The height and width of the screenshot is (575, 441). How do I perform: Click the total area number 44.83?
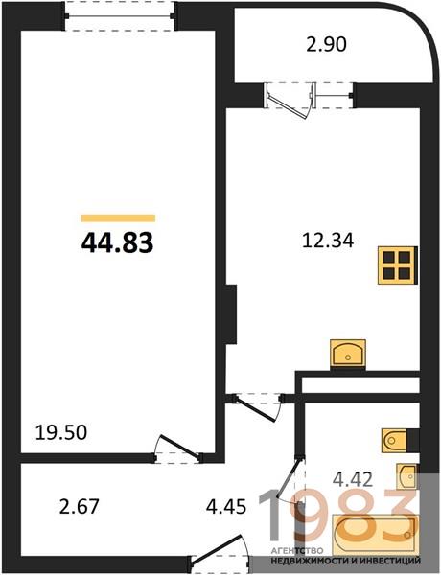pos(117,243)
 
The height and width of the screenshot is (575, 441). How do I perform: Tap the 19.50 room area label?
pos(61,432)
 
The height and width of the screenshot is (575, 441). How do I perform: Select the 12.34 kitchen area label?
pos(328,241)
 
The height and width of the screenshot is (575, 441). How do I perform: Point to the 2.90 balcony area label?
pos(326,45)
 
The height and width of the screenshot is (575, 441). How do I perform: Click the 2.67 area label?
pos(80,506)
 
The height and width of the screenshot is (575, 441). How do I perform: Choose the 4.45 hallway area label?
pos(226,507)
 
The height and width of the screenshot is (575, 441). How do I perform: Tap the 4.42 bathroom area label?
pos(353,479)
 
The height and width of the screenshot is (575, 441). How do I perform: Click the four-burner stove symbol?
pos(398,264)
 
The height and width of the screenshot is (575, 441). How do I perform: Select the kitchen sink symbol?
pos(348,353)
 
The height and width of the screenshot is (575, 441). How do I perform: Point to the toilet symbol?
pos(395,440)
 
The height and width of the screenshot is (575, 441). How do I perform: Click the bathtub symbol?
pos(375,535)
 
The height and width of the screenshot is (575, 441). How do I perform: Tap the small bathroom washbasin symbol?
pos(406,476)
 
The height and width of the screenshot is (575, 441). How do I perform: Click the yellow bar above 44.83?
pos(118,218)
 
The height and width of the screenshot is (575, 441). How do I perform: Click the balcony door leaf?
pos(288,105)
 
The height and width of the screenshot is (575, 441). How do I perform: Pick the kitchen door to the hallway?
pos(256,409)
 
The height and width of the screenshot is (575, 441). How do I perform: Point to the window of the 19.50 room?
pos(119,16)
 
